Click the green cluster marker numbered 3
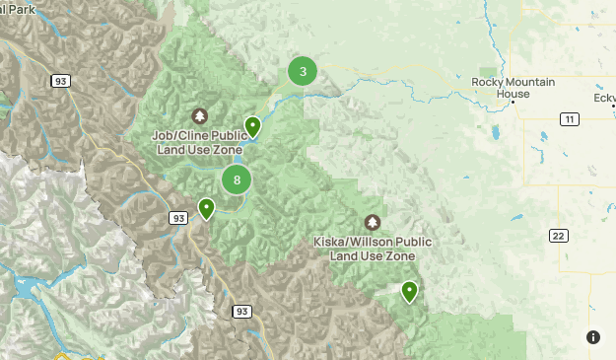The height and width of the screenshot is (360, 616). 303,71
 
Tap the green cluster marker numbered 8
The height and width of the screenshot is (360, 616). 237,180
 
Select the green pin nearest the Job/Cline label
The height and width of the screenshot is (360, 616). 253,126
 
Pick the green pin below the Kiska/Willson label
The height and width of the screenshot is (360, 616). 409,291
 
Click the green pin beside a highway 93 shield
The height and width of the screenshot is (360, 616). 206,209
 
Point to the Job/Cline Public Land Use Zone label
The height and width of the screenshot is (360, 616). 199,142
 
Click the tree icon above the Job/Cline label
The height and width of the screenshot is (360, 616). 200,115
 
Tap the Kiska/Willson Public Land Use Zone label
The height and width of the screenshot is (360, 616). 372,249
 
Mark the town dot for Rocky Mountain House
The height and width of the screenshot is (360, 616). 513,94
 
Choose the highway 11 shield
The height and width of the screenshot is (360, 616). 569,119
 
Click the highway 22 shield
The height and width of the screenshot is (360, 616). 558,235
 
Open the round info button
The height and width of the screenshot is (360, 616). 593,337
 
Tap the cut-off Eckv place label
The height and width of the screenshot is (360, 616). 604,99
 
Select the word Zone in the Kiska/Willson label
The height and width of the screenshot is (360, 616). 397,255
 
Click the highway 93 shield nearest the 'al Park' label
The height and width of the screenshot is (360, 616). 61,81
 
